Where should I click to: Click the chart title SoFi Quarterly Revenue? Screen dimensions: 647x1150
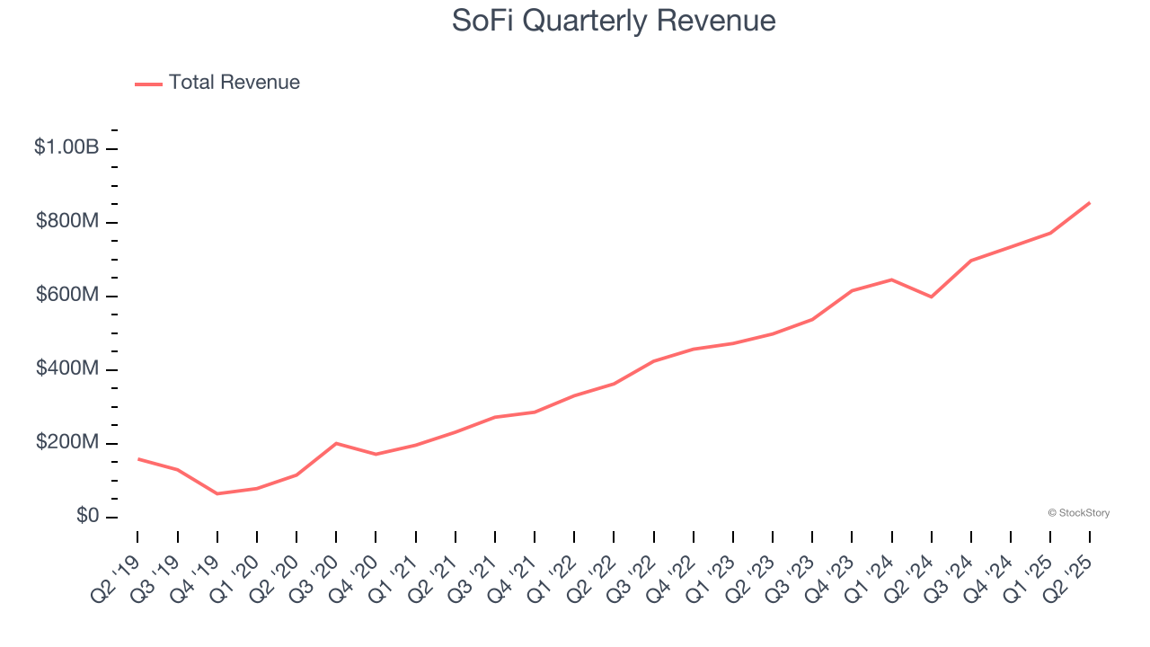(x=614, y=20)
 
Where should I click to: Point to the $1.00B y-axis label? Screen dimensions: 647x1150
(x=66, y=147)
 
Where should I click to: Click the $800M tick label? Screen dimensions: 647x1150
(x=67, y=221)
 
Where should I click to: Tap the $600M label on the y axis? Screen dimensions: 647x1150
(x=67, y=296)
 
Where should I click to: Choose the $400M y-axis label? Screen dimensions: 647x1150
(x=67, y=369)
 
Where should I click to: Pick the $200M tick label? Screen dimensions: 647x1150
(x=67, y=443)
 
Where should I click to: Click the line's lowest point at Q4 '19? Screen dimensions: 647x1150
(x=217, y=493)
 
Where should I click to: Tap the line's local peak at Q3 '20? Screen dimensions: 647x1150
(x=336, y=443)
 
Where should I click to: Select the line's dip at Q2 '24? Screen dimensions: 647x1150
(x=931, y=297)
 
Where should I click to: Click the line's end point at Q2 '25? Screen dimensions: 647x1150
(x=1090, y=203)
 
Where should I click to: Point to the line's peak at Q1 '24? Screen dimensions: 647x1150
(x=891, y=279)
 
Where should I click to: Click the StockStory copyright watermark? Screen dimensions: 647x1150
(x=1078, y=513)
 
